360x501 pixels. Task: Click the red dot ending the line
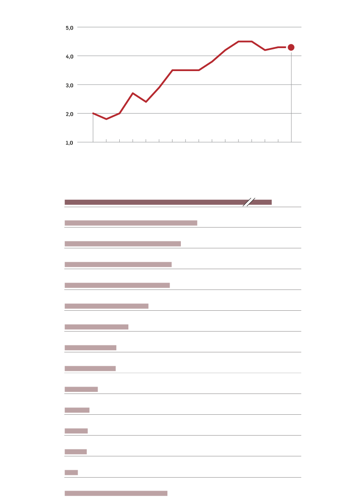pos(291,47)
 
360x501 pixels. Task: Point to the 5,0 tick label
pos(69,27)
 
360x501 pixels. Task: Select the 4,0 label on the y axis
pos(69,56)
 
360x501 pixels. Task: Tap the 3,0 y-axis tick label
pos(69,85)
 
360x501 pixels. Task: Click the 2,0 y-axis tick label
pos(69,114)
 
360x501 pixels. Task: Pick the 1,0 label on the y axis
pos(69,142)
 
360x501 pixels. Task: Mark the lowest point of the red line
pos(106,119)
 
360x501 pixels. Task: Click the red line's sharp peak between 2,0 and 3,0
pos(133,93)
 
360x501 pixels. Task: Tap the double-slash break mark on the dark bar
pos(249,202)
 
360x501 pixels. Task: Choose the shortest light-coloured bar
pos(71,472)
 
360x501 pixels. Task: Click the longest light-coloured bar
pos(131,223)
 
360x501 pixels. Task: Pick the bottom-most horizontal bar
pos(116,493)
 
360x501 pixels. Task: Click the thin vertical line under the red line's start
pos(93,128)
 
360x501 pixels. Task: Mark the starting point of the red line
pos(93,113)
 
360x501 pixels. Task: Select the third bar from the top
pos(122,244)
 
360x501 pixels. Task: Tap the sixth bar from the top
pos(106,306)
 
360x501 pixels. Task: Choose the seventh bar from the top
pos(96,327)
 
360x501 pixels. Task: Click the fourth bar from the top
pos(118,264)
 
